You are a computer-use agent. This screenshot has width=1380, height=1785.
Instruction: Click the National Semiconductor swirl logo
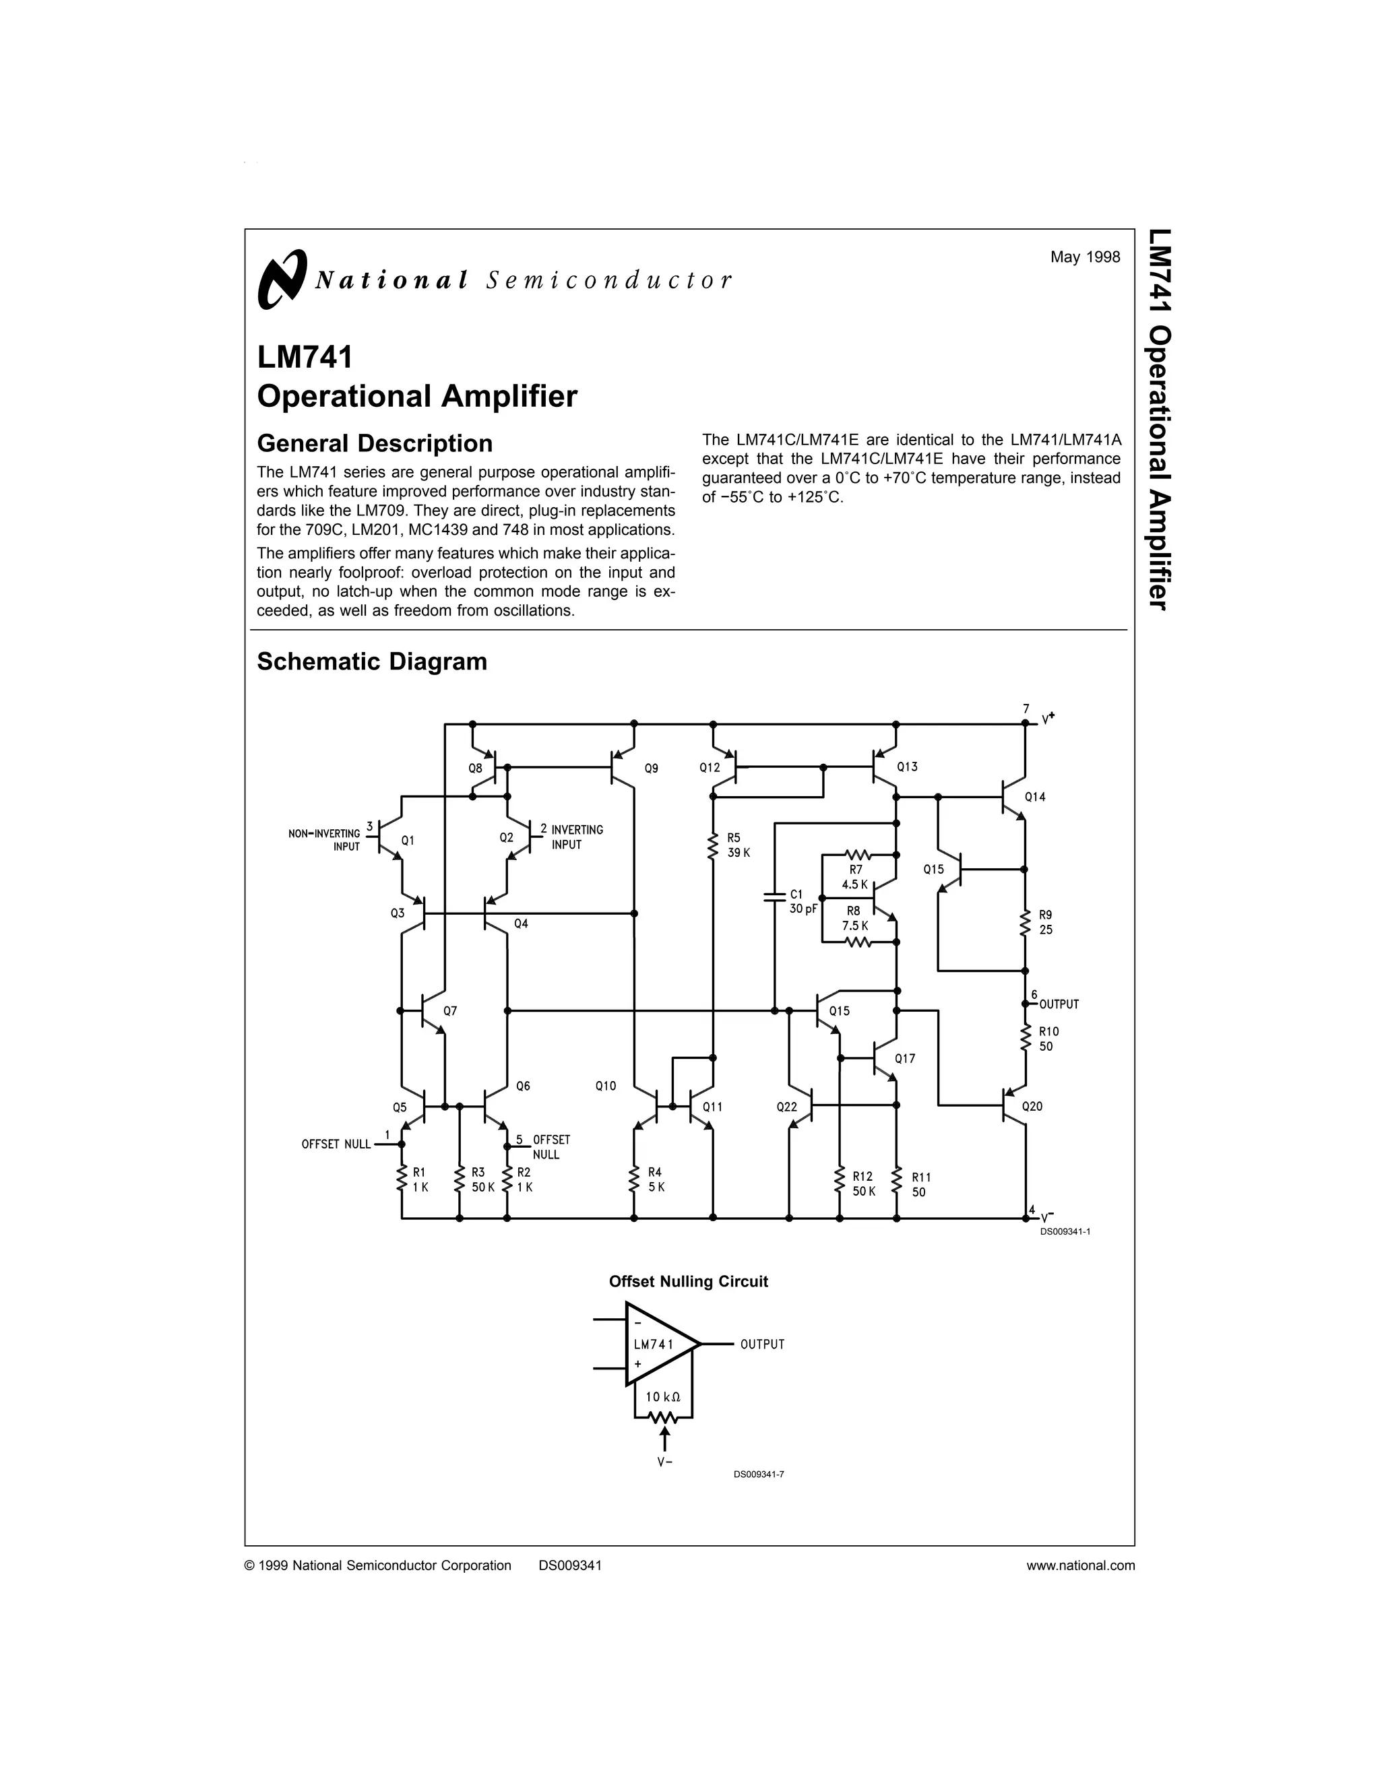(x=281, y=280)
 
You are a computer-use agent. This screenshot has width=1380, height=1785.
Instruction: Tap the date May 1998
(x=1085, y=257)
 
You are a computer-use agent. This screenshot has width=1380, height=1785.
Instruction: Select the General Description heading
(x=375, y=443)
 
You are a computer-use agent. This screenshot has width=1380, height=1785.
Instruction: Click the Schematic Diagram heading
(x=372, y=661)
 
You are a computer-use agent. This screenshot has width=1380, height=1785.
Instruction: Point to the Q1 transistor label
(x=408, y=839)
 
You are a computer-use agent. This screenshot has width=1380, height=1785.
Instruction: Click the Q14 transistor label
(x=1034, y=796)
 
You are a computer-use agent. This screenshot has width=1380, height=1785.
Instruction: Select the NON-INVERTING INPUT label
(x=325, y=839)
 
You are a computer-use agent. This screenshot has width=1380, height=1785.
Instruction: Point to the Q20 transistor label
(x=1032, y=1106)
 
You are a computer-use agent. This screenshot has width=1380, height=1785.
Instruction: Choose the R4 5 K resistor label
(x=656, y=1179)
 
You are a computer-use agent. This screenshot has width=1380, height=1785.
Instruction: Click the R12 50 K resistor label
(x=863, y=1183)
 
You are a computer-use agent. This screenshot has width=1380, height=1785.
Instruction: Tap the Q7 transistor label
(x=449, y=1011)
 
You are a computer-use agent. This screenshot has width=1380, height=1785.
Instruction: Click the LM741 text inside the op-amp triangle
(x=654, y=1344)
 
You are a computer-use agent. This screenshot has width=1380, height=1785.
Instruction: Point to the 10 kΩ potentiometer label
(x=663, y=1397)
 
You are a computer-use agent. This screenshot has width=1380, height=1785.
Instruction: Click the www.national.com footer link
(x=1081, y=1565)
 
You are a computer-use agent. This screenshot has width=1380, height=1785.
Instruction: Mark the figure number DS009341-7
(x=759, y=1474)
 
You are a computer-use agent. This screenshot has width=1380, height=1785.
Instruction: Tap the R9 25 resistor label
(x=1046, y=922)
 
